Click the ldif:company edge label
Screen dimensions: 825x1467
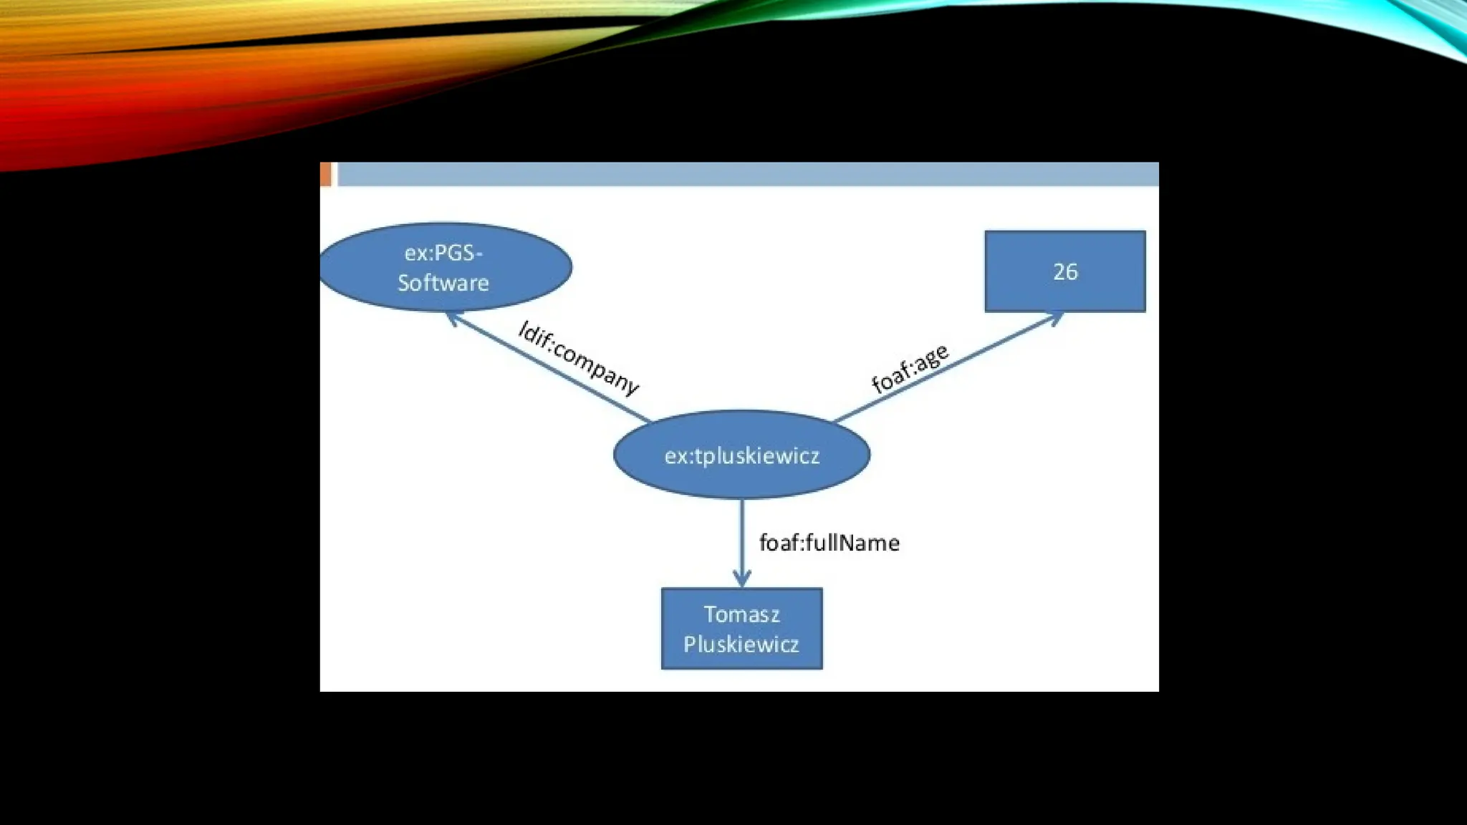(x=579, y=358)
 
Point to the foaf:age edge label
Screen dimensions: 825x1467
(x=910, y=368)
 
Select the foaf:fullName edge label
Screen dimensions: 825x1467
(x=829, y=543)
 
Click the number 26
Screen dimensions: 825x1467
(x=1065, y=271)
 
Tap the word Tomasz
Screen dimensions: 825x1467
(x=741, y=614)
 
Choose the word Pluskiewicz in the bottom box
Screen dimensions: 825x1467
(x=741, y=645)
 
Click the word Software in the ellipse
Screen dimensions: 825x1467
(x=443, y=283)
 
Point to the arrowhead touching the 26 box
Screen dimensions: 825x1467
(x=1056, y=317)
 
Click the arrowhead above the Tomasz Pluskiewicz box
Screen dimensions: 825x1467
(x=742, y=579)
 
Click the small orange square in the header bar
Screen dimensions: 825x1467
(x=325, y=174)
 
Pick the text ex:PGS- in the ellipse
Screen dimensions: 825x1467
(x=443, y=253)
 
